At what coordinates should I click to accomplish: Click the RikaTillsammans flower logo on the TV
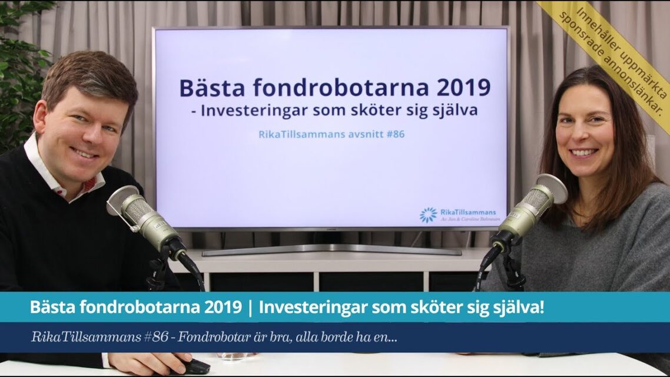428,215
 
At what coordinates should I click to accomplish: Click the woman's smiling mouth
583,152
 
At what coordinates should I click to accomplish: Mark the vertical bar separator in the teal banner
251,307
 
